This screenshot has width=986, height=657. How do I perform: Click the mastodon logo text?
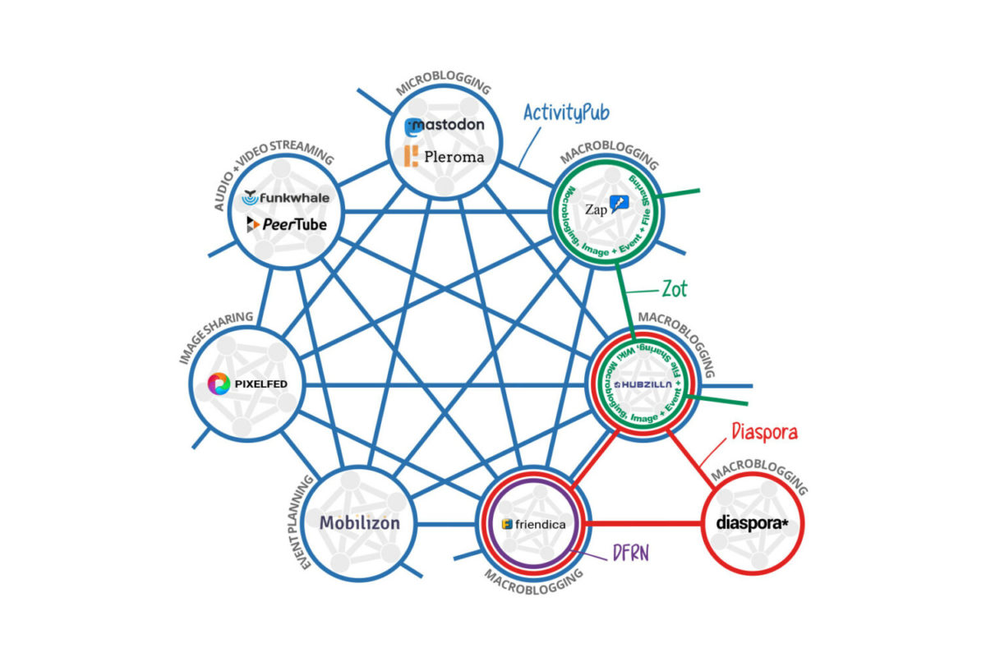coord(445,126)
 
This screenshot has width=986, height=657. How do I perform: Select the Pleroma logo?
coord(444,155)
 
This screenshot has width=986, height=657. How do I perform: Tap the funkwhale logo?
coord(283,198)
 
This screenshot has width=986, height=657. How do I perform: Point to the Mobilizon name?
coord(360,522)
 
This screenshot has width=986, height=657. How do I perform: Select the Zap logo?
coord(606,208)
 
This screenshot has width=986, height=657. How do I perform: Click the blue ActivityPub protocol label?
coord(567,113)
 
